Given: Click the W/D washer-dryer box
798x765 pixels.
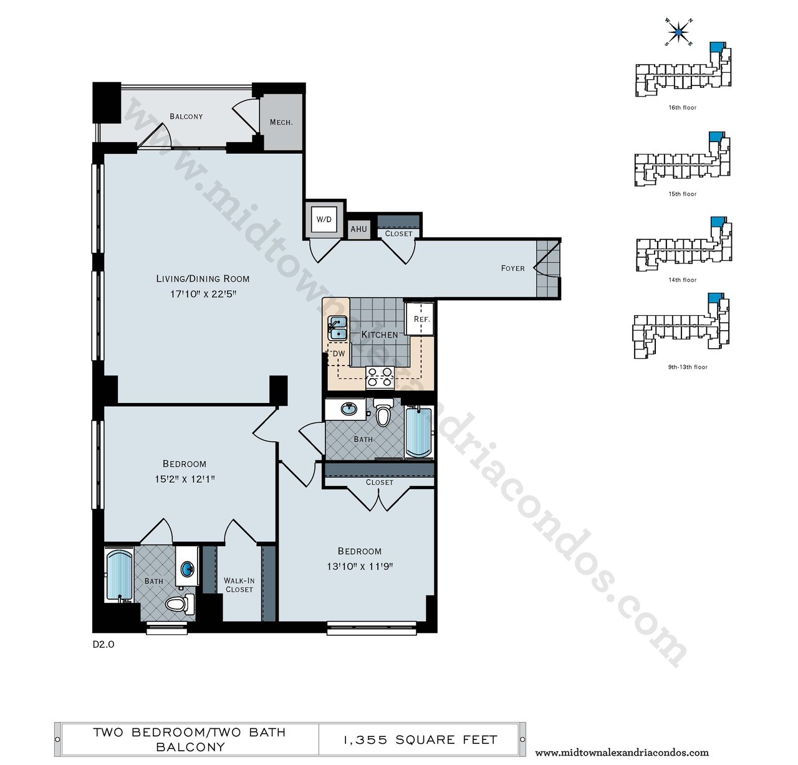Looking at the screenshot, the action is coord(324,220).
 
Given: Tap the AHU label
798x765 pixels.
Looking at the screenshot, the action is coord(358,229).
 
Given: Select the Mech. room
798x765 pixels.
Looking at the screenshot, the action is coord(281,122).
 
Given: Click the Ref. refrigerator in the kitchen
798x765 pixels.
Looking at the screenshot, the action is coord(419,319).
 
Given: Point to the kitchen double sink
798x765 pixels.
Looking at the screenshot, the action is coord(338,328).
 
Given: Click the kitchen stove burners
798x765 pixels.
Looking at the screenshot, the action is coord(379,378).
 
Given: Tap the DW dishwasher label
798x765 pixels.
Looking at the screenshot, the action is coord(339,353).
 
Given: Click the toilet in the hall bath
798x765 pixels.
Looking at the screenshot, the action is coord(383,412).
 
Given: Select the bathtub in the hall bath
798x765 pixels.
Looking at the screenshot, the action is coord(419,432).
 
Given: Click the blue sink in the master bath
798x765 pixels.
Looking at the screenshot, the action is coord(188,569).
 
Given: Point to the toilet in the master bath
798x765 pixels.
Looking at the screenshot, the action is coord(180,604).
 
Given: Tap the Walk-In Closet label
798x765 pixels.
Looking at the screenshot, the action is coord(239,585).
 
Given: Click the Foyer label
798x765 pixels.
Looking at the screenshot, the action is coord(512,268).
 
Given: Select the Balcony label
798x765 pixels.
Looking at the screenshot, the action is coord(186,116).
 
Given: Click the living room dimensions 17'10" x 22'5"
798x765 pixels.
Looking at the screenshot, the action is coord(203,294).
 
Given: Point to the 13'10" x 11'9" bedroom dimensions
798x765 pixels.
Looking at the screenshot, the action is coord(360,567).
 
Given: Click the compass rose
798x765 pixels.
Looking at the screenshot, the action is coord(679,31).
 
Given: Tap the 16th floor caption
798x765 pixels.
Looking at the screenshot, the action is coord(683,108).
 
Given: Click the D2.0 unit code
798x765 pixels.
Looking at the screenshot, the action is coord(103,644).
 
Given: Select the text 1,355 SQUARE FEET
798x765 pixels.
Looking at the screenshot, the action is coord(420,739).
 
